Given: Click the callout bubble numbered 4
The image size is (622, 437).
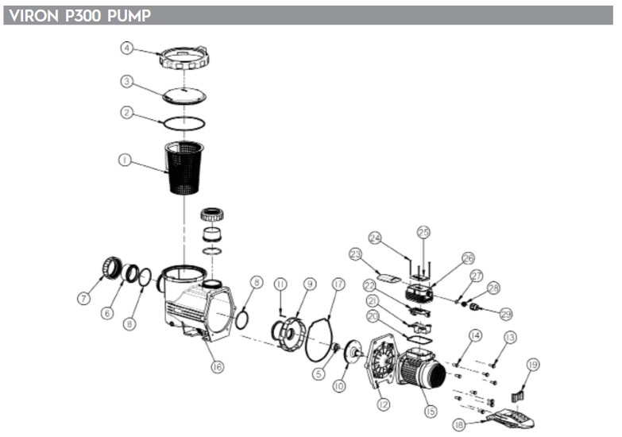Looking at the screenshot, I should click(127, 47).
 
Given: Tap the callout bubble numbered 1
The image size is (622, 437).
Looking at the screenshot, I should click(125, 160).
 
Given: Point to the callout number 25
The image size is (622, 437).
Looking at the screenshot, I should click(423, 232).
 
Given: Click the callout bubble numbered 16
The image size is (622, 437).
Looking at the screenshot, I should click(217, 366).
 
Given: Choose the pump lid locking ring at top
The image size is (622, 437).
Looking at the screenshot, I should click(184, 58).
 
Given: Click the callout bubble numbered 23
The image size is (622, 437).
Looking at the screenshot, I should click(355, 254).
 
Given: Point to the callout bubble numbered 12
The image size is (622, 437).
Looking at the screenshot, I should click(384, 405).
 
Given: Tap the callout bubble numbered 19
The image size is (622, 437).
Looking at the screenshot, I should click(532, 365).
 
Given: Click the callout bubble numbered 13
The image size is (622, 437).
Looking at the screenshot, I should click(509, 337).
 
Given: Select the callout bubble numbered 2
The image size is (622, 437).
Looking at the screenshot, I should click(127, 113).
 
